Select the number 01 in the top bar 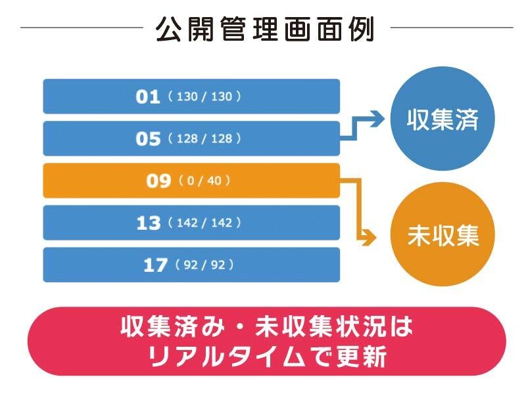tap(148, 97)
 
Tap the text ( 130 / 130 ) tap(204, 97)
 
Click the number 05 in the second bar tap(148, 139)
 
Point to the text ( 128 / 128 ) tap(204, 139)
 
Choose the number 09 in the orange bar tap(158, 181)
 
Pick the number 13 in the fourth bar tap(148, 223)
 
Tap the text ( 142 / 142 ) tap(204, 223)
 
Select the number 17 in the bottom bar tap(155, 265)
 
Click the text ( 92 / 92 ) tap(204, 265)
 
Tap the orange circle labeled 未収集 tap(442, 236)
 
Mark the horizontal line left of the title tap(82, 28)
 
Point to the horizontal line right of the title tap(451, 28)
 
